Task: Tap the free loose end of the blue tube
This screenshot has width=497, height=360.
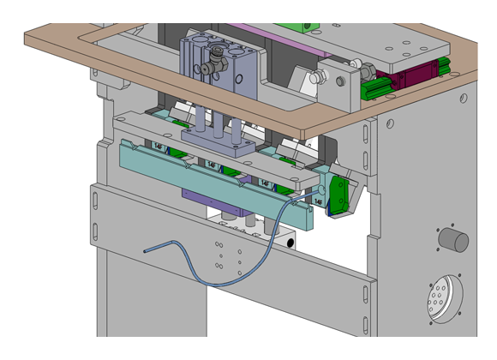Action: click(146, 250)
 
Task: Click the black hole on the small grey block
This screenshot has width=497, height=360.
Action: click(291, 243)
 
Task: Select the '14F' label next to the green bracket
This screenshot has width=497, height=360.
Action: click(319, 201)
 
